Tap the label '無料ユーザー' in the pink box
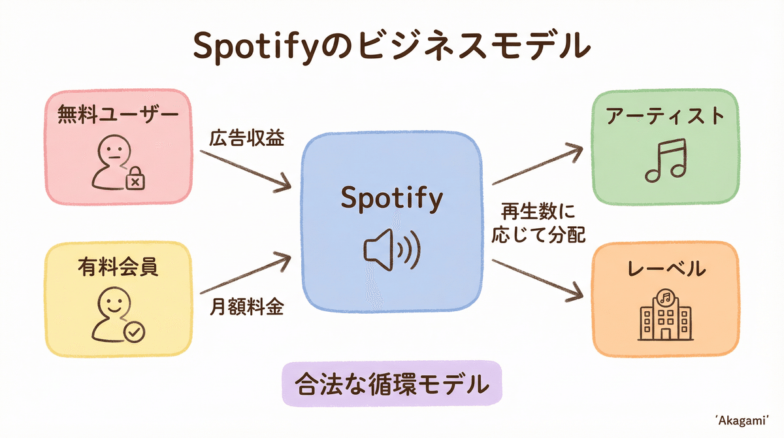(118, 115)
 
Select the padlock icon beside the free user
(135, 178)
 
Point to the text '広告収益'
(247, 139)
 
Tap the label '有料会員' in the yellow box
(118, 267)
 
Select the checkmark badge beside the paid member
(135, 333)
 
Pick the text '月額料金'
(247, 307)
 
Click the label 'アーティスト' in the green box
(666, 116)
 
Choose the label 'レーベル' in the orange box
(665, 269)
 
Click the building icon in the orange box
(665, 315)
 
